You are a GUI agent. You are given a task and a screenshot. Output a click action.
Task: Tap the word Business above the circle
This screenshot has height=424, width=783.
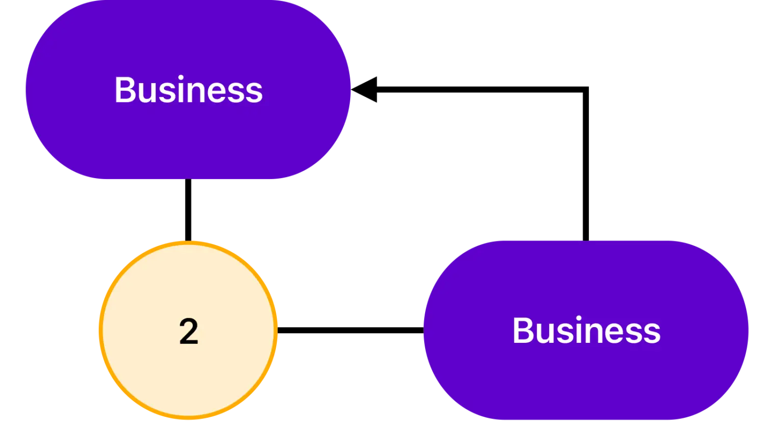tap(188, 90)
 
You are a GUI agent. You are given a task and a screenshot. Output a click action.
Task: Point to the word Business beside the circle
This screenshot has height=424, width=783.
tap(586, 331)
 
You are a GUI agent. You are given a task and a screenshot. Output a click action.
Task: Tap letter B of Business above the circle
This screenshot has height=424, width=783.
tap(124, 90)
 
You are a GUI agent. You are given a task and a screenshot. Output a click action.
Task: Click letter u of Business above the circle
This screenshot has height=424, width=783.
tap(147, 92)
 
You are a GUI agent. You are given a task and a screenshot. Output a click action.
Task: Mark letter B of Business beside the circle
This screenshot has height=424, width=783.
tap(523, 331)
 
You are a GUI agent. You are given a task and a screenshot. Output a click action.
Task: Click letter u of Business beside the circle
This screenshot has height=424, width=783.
tap(545, 333)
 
